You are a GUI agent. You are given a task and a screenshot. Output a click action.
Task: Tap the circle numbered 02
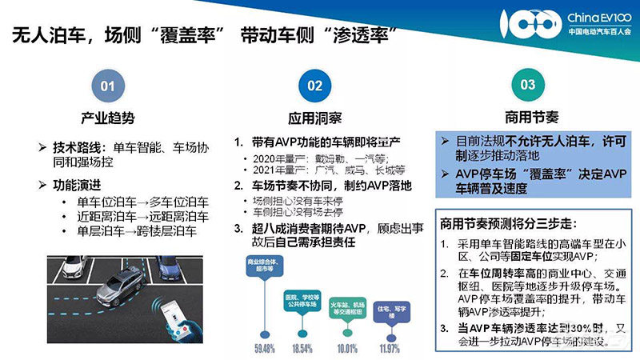pos(315,85)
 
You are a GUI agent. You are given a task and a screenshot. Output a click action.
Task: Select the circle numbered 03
pos(528,85)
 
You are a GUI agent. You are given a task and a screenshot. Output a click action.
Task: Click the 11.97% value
pos(390,349)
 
